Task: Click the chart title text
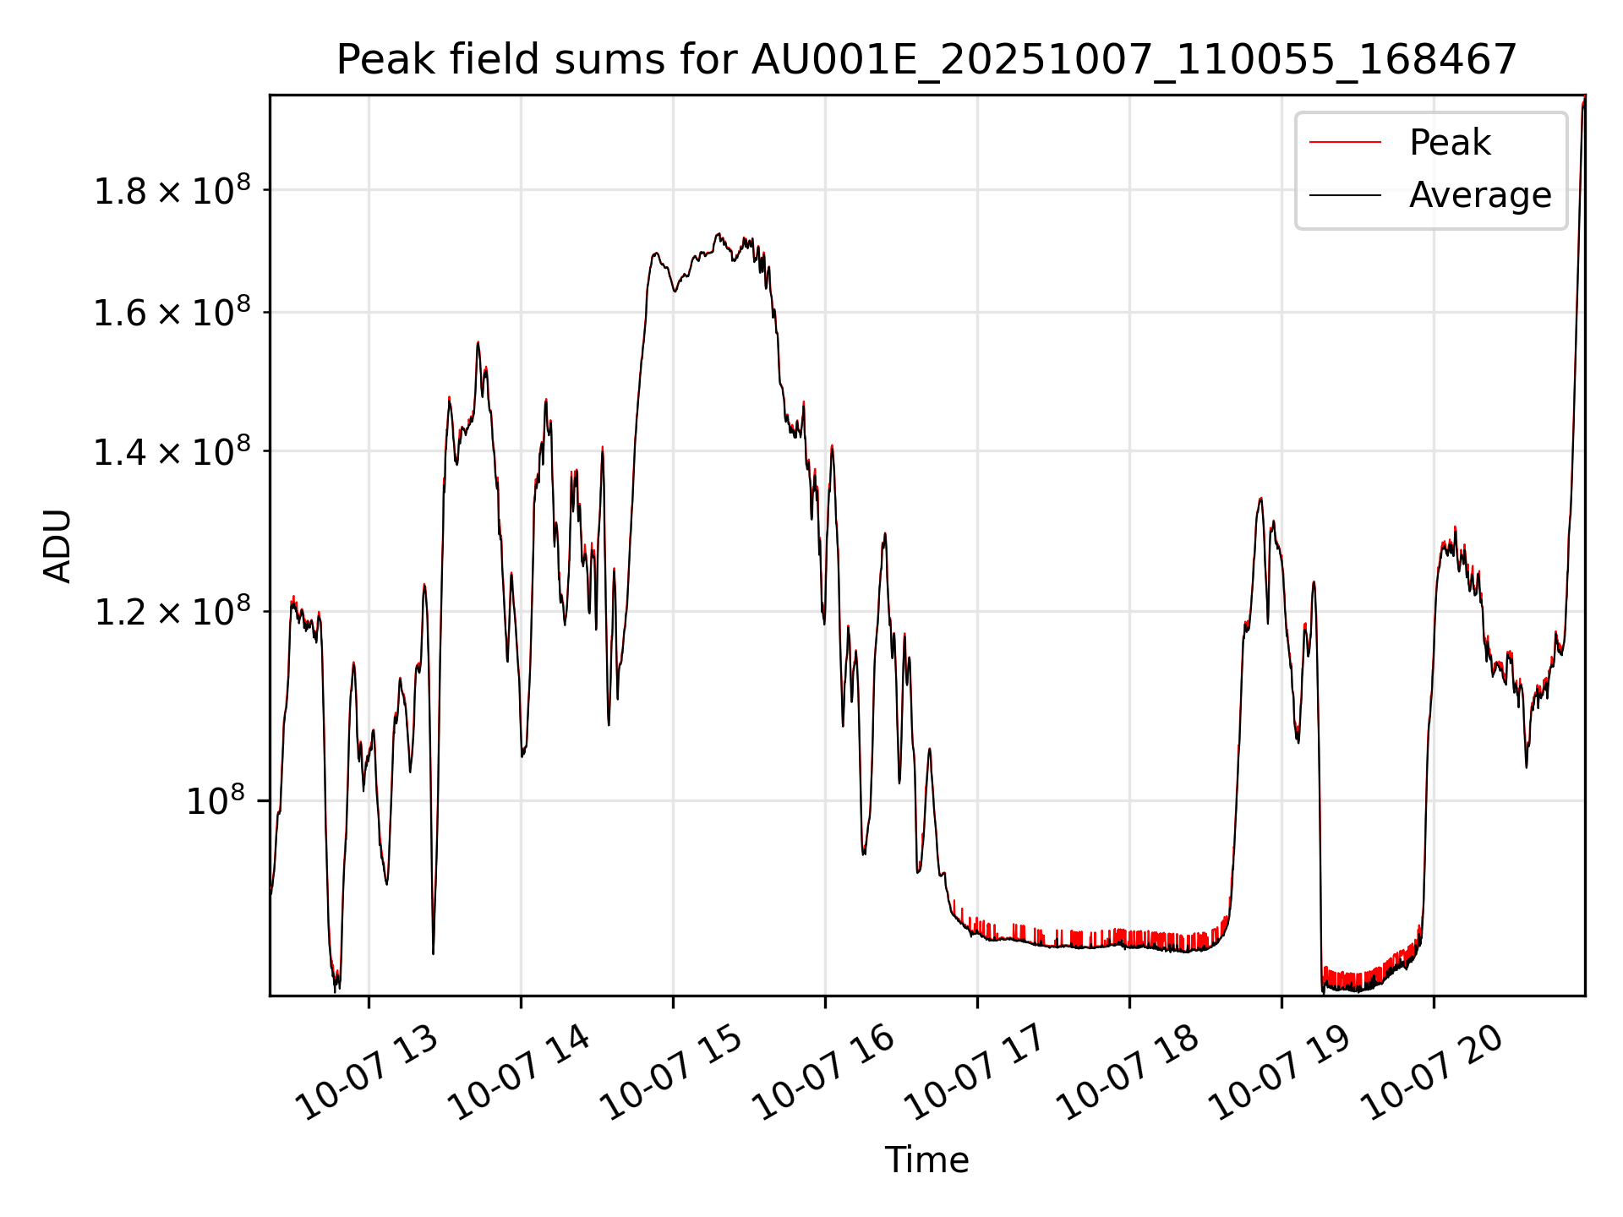pyautogui.click(x=926, y=61)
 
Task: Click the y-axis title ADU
pyautogui.click(x=57, y=545)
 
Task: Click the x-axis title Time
pyautogui.click(x=926, y=1160)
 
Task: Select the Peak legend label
pyautogui.click(x=1449, y=142)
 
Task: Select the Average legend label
pyautogui.click(x=1479, y=195)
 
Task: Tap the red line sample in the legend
pyautogui.click(x=1345, y=142)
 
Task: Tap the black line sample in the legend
pyautogui.click(x=1345, y=195)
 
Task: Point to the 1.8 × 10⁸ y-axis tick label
pyautogui.click(x=172, y=191)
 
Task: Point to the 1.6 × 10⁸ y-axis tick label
pyautogui.click(x=172, y=314)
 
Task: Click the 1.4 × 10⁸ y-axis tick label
pyautogui.click(x=172, y=452)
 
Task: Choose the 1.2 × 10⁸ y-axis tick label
pyautogui.click(x=172, y=612)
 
